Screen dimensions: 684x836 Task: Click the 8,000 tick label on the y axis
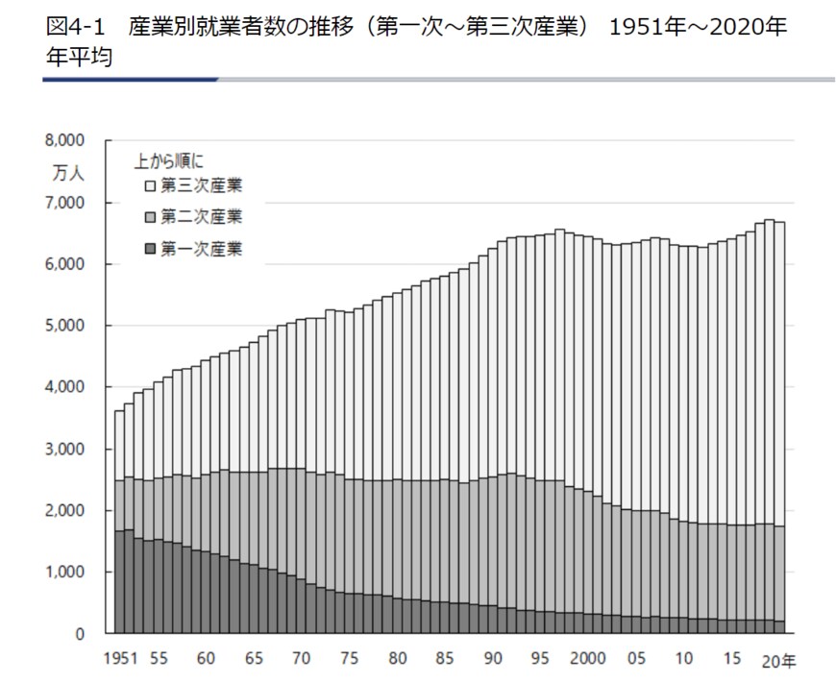pyautogui.click(x=66, y=140)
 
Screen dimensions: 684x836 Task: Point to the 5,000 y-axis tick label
pyautogui.click(x=66, y=326)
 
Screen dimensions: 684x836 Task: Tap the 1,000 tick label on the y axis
pyautogui.click(x=66, y=573)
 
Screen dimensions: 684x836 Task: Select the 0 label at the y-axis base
pyautogui.click(x=81, y=634)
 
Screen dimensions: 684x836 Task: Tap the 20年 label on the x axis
pyautogui.click(x=778, y=660)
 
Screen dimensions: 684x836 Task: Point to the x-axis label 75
pyautogui.click(x=351, y=660)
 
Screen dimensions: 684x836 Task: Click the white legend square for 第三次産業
pyautogui.click(x=150, y=183)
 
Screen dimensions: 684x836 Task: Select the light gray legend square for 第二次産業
pyautogui.click(x=150, y=216)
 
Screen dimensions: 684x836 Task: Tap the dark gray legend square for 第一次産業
pyautogui.click(x=150, y=249)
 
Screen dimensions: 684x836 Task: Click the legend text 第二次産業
pyautogui.click(x=202, y=216)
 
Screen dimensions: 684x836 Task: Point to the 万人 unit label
pyautogui.click(x=68, y=174)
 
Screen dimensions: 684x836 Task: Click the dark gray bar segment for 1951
pyautogui.click(x=118, y=582)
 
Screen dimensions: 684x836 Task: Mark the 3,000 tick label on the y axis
pyautogui.click(x=66, y=450)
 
